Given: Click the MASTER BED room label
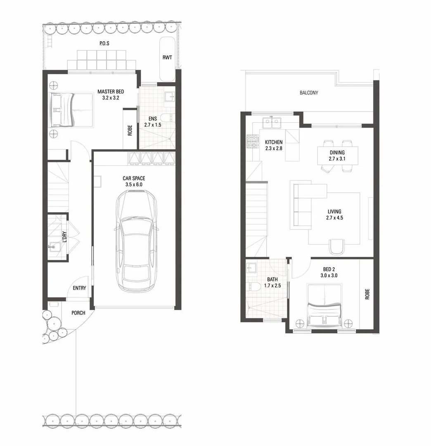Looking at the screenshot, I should (x=111, y=92).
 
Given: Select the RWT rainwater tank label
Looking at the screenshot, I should (x=167, y=57).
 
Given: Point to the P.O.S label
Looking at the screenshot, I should (x=104, y=43).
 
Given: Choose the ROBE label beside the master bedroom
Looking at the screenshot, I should (x=130, y=130).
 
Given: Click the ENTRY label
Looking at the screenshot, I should (x=79, y=288).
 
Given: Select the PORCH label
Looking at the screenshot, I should (x=78, y=313).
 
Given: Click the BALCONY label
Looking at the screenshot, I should (x=309, y=93).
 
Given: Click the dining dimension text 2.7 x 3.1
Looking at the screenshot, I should (x=337, y=159).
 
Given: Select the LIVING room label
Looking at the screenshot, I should (x=334, y=211).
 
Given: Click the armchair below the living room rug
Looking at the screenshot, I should (x=336, y=247).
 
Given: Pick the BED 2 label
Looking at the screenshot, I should (x=329, y=269).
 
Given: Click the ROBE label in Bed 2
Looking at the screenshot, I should (x=367, y=294).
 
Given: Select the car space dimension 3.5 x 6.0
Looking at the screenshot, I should (x=134, y=185).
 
